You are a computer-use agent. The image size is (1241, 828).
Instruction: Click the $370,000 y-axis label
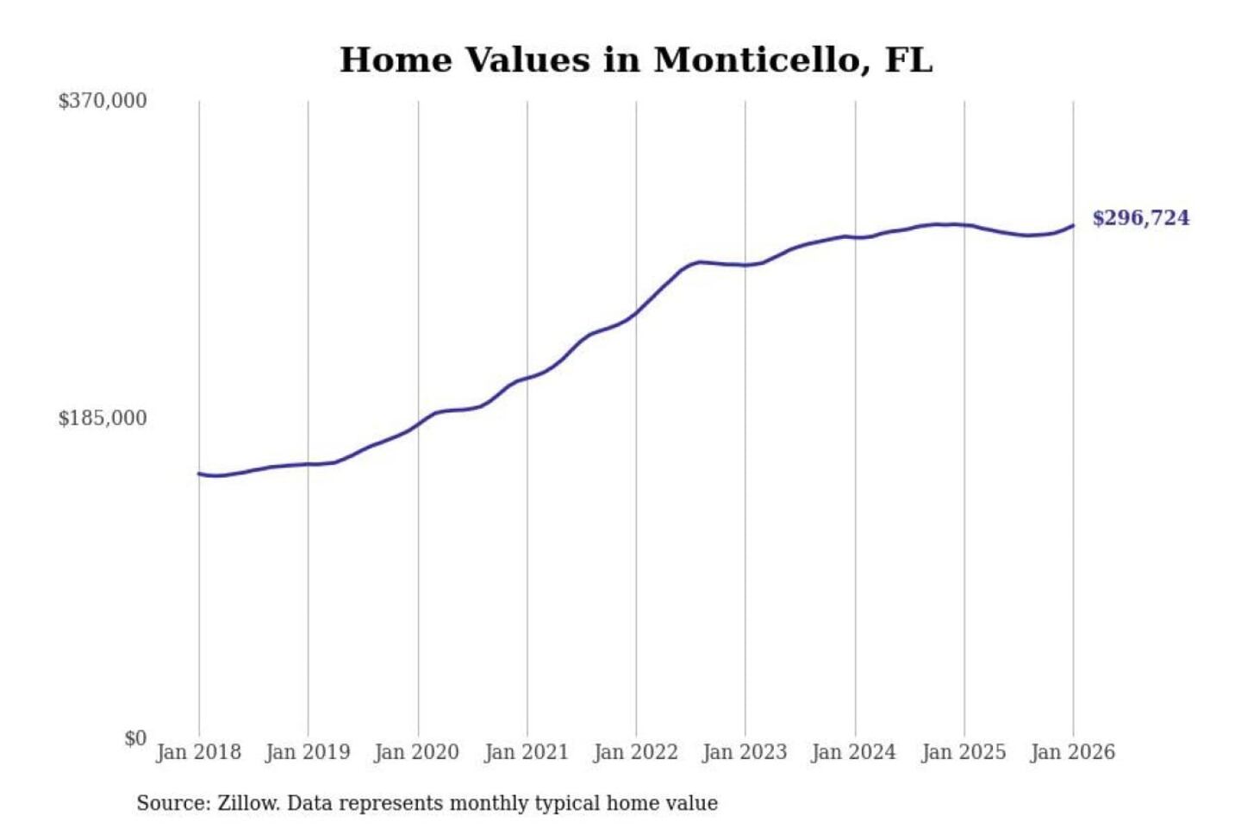click(103, 101)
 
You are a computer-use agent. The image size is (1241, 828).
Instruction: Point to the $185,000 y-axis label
click(103, 418)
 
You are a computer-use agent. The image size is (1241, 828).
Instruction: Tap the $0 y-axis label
click(135, 738)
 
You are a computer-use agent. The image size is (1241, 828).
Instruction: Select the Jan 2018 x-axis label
click(198, 752)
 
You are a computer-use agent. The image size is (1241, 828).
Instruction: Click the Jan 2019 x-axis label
click(308, 752)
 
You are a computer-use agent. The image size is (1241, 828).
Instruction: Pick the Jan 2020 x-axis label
click(417, 752)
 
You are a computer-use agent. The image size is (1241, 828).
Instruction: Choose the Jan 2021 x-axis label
click(527, 752)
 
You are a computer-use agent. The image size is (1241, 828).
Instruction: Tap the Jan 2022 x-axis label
click(636, 752)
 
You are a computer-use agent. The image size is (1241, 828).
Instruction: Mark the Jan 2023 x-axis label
click(745, 752)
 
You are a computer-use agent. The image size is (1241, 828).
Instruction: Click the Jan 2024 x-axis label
click(854, 752)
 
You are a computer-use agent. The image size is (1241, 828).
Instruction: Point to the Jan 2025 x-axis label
click(963, 752)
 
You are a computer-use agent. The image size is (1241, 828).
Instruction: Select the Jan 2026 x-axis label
click(1073, 752)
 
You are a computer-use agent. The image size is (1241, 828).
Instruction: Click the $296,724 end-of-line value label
click(1141, 218)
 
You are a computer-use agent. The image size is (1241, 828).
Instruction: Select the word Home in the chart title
click(396, 60)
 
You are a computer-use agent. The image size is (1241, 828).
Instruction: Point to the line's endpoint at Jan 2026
click(1073, 226)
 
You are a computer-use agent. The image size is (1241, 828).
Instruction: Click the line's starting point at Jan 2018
click(199, 474)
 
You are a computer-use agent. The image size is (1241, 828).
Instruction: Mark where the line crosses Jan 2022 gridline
click(637, 312)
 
